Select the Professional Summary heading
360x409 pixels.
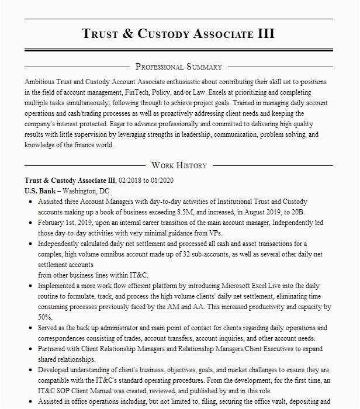point(178,67)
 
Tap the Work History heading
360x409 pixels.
point(178,165)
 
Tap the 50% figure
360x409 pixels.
point(46,317)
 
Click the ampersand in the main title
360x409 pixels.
point(128,33)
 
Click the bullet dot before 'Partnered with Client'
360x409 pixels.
point(30,349)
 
